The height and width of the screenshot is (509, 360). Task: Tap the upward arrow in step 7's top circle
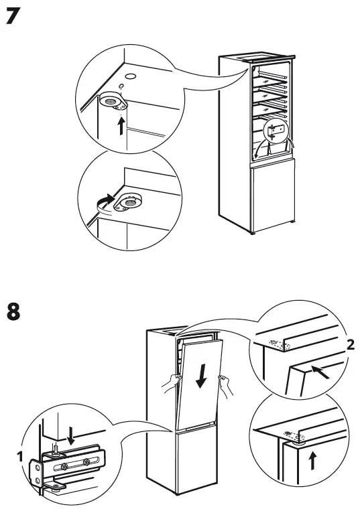121,125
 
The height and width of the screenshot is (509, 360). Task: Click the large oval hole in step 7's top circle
129,76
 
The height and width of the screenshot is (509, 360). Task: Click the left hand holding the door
172,383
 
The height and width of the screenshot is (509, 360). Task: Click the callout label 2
350,345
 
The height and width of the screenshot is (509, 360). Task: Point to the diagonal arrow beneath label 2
321,372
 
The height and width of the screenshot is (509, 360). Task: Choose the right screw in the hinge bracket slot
86,462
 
